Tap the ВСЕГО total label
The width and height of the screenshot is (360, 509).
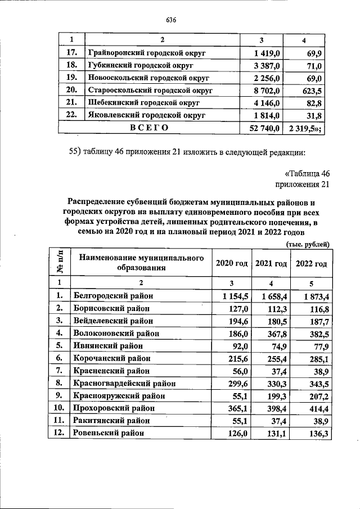(x=149, y=128)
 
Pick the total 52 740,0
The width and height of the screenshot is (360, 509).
(x=262, y=128)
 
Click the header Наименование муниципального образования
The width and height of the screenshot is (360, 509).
(x=141, y=263)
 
